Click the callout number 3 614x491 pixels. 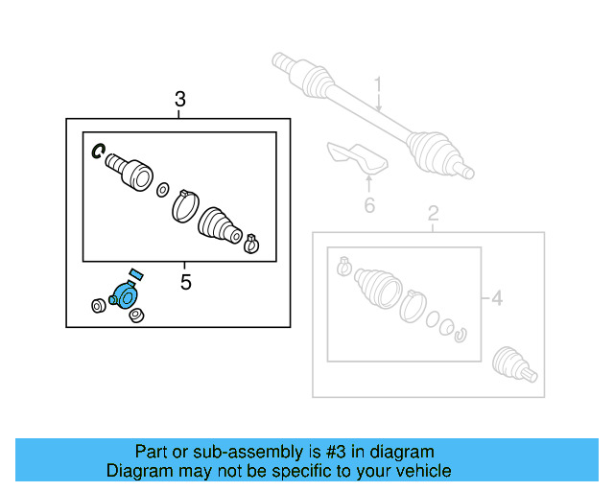(179, 99)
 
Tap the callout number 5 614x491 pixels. (186, 282)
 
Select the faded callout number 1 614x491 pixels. (378, 87)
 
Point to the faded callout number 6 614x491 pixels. (369, 205)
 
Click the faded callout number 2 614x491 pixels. (433, 213)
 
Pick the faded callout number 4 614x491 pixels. (496, 299)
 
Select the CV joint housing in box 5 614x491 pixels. (130, 172)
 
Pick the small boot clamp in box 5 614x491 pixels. (251, 243)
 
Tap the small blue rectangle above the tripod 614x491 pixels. (134, 274)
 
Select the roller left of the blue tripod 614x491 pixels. (97, 306)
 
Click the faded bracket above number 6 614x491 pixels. (354, 156)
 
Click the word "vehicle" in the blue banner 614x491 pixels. (418, 471)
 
